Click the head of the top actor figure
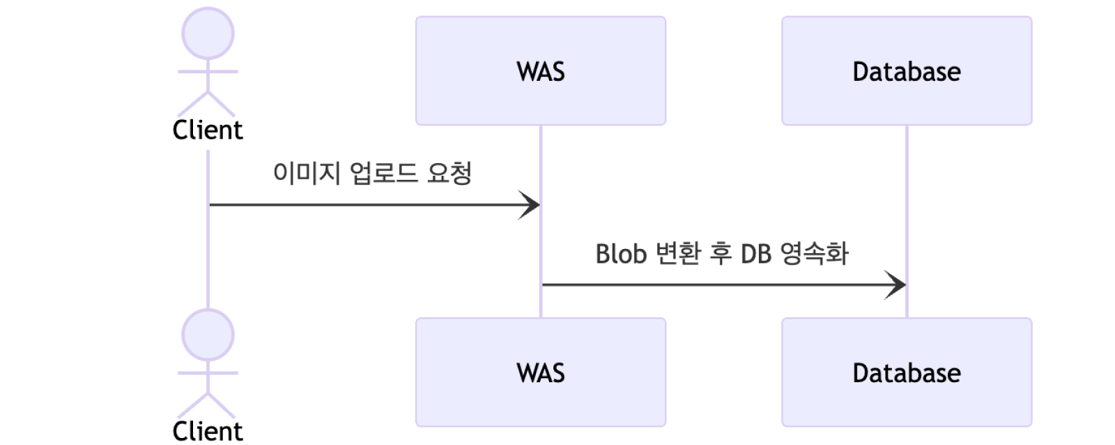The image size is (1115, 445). (208, 34)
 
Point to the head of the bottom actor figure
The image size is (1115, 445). (208, 335)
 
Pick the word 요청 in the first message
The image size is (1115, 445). (448, 174)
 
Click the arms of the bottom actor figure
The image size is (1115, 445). (208, 373)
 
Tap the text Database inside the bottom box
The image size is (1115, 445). (906, 373)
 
